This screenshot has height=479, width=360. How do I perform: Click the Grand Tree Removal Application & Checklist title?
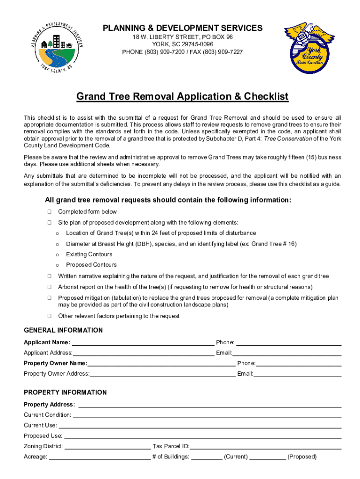[x=182, y=97]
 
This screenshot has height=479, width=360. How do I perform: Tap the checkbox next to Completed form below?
[x=49, y=212]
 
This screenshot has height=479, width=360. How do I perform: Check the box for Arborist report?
[x=49, y=287]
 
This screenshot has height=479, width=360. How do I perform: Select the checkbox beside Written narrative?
[x=49, y=276]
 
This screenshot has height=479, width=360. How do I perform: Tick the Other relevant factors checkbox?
[x=49, y=316]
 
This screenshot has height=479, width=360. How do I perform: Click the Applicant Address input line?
[x=143, y=354]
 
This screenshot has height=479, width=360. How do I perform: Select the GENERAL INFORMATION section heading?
[x=63, y=330]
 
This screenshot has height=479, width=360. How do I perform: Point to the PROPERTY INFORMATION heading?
[x=65, y=392]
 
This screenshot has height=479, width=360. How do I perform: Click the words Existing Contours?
[x=89, y=254]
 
